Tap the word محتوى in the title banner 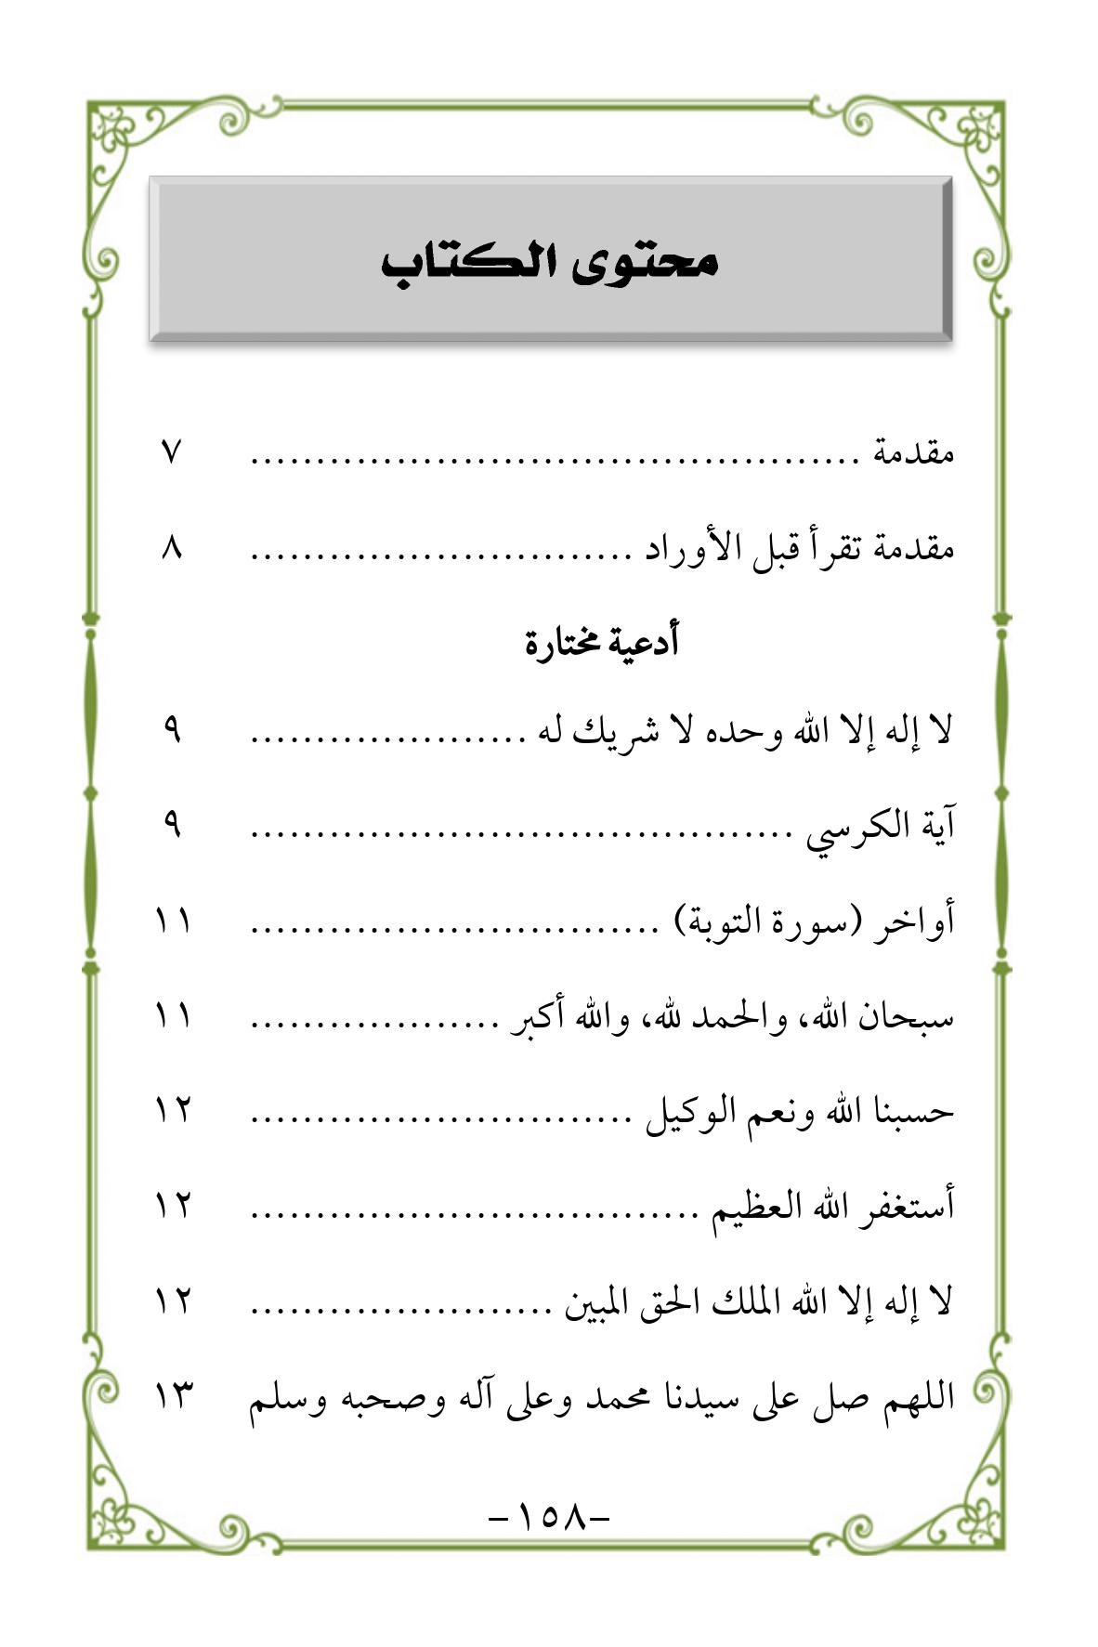[x=641, y=262]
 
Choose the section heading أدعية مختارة [x=602, y=642]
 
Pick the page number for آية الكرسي [x=172, y=824]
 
